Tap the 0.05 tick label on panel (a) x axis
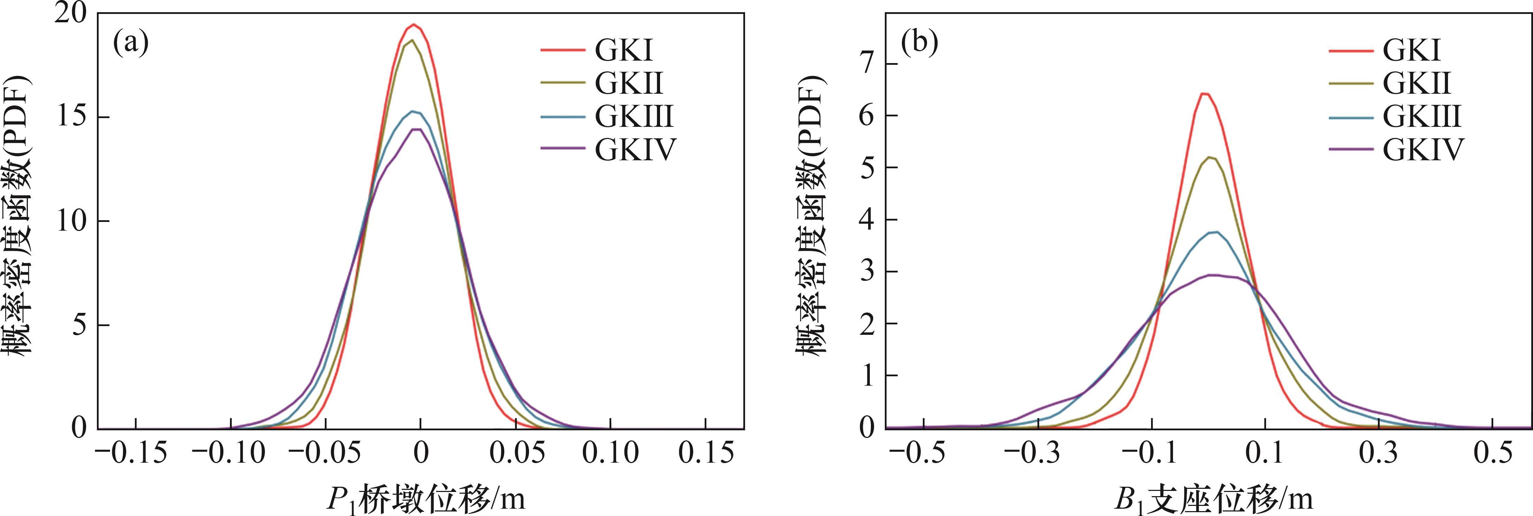click(x=515, y=454)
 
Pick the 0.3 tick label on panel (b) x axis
click(x=1379, y=454)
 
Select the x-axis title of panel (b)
click(x=1214, y=499)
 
